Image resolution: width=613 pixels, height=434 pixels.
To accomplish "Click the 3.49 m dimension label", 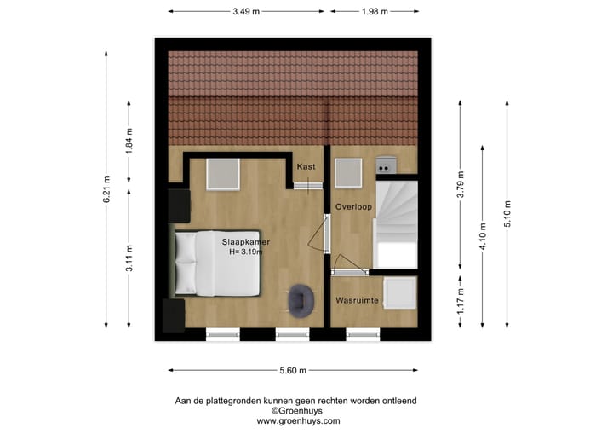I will [246, 11].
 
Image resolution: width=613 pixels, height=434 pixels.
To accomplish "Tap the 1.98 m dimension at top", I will [374, 11].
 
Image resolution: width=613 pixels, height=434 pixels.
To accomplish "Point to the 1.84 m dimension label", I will [130, 139].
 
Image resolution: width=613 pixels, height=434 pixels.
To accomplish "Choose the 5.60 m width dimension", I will [292, 371].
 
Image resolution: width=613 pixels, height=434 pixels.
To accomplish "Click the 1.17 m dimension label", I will [460, 301].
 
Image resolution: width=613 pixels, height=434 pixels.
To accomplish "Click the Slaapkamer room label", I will [246, 242].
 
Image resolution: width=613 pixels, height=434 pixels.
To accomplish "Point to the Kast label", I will [306, 167].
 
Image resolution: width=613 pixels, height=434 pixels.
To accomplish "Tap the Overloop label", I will [352, 207].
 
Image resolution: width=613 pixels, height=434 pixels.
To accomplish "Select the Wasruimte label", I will [357, 300].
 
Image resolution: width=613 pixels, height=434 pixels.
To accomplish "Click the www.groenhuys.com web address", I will [298, 421].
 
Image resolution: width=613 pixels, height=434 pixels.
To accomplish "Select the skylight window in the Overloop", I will [349, 173].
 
